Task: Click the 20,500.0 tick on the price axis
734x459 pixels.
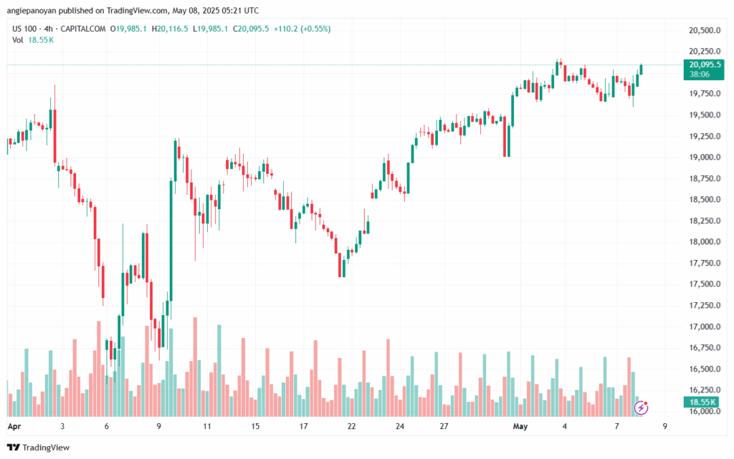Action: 701,31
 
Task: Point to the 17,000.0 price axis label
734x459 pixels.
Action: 701,327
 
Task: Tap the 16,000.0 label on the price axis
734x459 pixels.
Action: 701,411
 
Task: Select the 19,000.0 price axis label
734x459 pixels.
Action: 701,158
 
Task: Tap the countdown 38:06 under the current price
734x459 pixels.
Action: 699,74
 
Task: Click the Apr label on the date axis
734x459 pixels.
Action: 12,425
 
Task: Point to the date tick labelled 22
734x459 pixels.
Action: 352,425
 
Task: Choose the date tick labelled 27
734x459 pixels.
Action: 444,425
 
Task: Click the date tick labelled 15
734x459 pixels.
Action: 255,425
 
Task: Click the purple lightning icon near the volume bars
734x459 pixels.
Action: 642,407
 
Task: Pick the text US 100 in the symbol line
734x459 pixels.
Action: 24,29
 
